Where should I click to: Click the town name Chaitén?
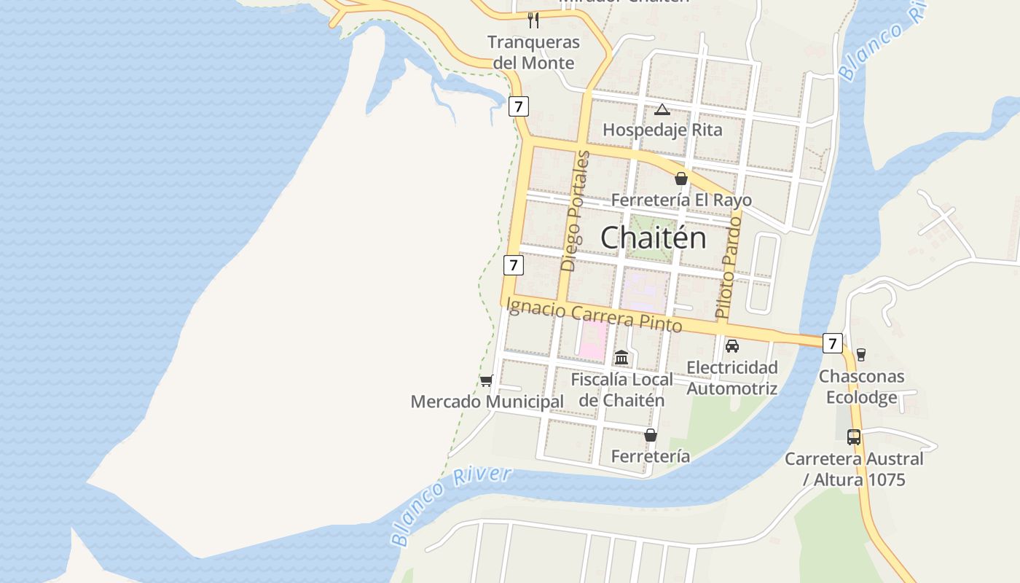click(x=654, y=238)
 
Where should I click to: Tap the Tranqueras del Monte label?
click(x=533, y=52)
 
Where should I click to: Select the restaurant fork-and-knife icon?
click(x=533, y=20)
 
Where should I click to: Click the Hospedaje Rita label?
click(x=662, y=130)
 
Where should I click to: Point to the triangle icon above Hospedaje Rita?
click(x=662, y=110)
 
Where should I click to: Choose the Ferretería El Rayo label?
click(x=681, y=200)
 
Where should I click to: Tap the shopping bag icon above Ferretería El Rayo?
click(x=681, y=179)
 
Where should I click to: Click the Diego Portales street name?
click(x=576, y=211)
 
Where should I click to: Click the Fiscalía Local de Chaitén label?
click(x=621, y=390)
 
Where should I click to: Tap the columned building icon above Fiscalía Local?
click(x=621, y=358)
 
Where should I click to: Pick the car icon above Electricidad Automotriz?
click(x=732, y=346)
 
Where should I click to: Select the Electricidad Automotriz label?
click(x=732, y=377)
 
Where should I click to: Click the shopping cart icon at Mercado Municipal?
click(x=487, y=380)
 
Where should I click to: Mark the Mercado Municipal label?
click(x=487, y=402)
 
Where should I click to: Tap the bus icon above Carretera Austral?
click(x=854, y=437)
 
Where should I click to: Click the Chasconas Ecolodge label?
click(x=861, y=387)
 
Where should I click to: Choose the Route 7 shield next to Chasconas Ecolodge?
click(x=833, y=343)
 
